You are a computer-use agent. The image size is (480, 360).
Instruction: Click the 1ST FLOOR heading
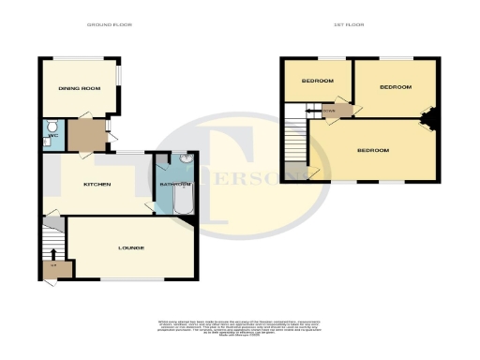click(349, 23)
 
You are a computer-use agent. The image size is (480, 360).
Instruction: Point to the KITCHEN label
click(97, 184)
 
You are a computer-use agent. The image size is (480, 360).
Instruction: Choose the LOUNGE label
click(130, 247)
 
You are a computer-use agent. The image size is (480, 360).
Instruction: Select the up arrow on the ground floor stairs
click(52, 253)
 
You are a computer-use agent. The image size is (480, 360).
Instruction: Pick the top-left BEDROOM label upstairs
click(317, 82)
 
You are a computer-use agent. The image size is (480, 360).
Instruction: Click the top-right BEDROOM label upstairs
click(395, 87)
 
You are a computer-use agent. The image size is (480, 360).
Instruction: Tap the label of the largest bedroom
click(374, 150)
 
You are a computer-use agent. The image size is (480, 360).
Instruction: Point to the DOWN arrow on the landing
click(328, 111)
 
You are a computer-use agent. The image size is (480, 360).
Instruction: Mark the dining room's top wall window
click(80, 58)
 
